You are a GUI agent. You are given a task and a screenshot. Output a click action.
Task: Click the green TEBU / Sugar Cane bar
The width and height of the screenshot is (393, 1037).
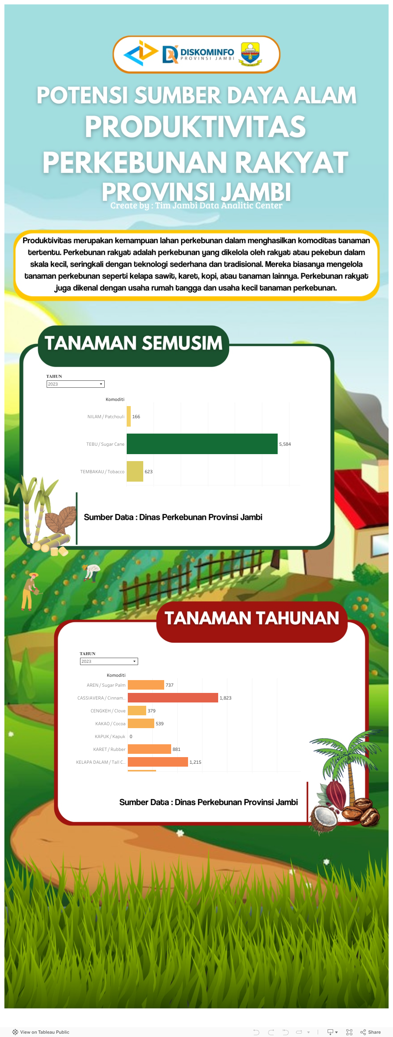click(x=202, y=443)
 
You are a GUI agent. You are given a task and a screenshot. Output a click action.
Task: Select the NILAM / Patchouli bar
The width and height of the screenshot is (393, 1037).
click(x=129, y=416)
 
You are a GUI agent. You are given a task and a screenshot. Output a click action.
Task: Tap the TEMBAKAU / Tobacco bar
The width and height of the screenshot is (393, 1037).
click(x=135, y=471)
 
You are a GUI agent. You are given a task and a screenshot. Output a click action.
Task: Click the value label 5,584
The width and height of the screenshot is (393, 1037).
click(x=285, y=444)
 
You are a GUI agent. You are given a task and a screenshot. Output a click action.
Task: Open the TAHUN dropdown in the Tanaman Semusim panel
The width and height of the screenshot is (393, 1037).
click(x=75, y=384)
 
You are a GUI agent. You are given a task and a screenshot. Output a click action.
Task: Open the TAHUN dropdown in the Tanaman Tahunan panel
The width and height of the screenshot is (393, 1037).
click(x=109, y=661)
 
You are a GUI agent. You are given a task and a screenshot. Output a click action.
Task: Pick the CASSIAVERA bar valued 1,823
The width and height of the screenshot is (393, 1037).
click(x=173, y=698)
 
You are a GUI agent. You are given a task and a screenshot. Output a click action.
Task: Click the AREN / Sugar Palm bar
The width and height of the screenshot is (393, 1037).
click(x=146, y=685)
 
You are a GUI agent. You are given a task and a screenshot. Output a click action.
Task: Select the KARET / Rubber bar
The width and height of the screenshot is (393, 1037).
click(x=149, y=749)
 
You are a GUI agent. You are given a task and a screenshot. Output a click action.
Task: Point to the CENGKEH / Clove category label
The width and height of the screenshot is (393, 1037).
click(x=108, y=711)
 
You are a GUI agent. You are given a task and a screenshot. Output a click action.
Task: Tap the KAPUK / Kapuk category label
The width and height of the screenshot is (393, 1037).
click(x=110, y=737)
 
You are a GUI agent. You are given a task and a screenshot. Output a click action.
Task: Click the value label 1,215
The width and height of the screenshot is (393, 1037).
click(x=195, y=762)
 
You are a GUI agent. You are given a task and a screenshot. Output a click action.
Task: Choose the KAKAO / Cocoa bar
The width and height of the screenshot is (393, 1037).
click(x=141, y=723)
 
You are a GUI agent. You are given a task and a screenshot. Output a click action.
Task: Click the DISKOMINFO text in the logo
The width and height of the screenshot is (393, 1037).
click(x=207, y=52)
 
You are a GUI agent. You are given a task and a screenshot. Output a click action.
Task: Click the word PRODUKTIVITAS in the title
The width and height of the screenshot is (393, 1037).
click(x=195, y=127)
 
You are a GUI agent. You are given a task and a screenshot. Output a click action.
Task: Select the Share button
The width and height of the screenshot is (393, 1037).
click(x=371, y=1032)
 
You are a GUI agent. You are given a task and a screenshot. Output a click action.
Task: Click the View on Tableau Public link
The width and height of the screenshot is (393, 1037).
click(x=41, y=1032)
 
